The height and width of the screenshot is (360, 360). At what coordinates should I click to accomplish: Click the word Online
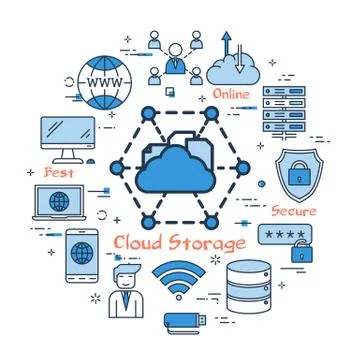coord(232,95)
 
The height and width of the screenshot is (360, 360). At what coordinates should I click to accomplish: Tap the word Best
coord(58,172)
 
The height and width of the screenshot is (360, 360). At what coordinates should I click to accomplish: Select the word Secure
coord(294,211)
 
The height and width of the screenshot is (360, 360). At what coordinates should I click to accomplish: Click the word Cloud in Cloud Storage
coord(136,243)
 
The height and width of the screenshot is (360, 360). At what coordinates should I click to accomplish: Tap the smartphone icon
coord(81,252)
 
